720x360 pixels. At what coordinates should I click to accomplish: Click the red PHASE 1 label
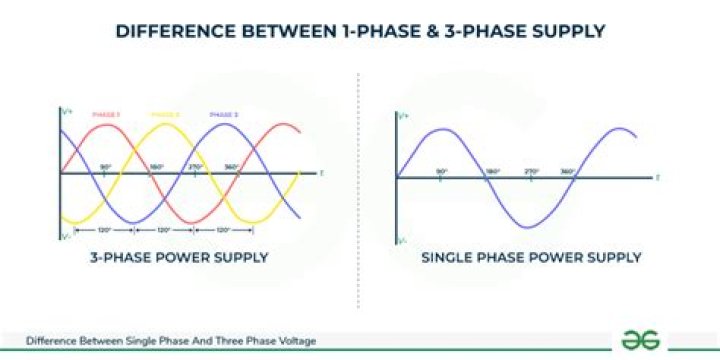(106, 115)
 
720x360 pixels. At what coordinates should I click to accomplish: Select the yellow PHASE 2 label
(165, 115)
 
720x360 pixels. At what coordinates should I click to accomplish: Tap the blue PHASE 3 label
(224, 115)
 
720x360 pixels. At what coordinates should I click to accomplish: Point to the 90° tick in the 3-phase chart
(106, 167)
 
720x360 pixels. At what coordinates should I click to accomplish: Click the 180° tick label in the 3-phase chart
(157, 167)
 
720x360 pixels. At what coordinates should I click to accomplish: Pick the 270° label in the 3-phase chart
(196, 167)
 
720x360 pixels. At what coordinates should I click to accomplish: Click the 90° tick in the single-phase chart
(441, 172)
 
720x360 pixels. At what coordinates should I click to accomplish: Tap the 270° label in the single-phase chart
(531, 172)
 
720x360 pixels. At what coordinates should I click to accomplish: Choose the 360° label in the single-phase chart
(567, 172)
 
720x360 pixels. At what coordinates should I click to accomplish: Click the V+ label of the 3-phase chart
(65, 110)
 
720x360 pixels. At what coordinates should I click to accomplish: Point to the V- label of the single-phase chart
(402, 241)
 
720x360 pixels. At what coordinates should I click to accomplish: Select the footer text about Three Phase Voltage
(171, 341)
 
